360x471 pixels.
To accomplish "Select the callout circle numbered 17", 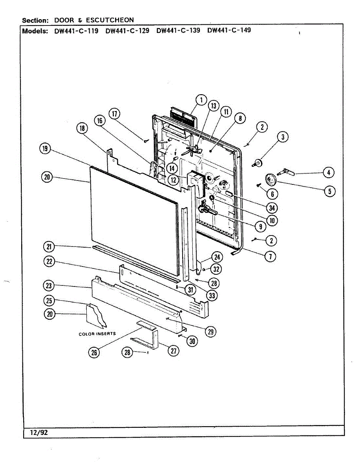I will click(x=115, y=114).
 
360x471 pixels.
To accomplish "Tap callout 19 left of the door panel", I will click(x=45, y=148).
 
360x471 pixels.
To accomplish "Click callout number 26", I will click(x=94, y=352).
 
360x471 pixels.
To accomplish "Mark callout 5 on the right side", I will click(x=330, y=191).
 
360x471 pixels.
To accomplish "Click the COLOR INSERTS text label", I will click(x=97, y=334).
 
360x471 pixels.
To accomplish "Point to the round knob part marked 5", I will click(x=270, y=179).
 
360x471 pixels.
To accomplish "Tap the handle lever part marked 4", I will click(x=286, y=172).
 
